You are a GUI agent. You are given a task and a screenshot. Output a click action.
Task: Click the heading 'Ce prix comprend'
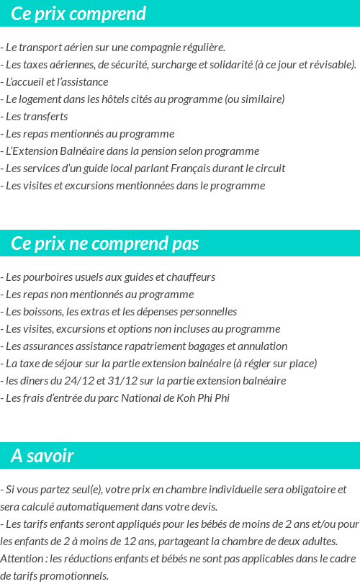point(78,14)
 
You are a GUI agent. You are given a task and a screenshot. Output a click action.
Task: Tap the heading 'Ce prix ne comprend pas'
point(105,243)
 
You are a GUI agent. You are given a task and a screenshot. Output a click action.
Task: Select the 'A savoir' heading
point(42,456)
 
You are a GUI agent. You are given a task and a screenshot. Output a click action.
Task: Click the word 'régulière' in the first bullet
point(202,48)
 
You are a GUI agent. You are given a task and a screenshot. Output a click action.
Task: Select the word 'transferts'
point(43,117)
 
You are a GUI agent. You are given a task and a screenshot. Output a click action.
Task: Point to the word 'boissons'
point(40,312)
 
